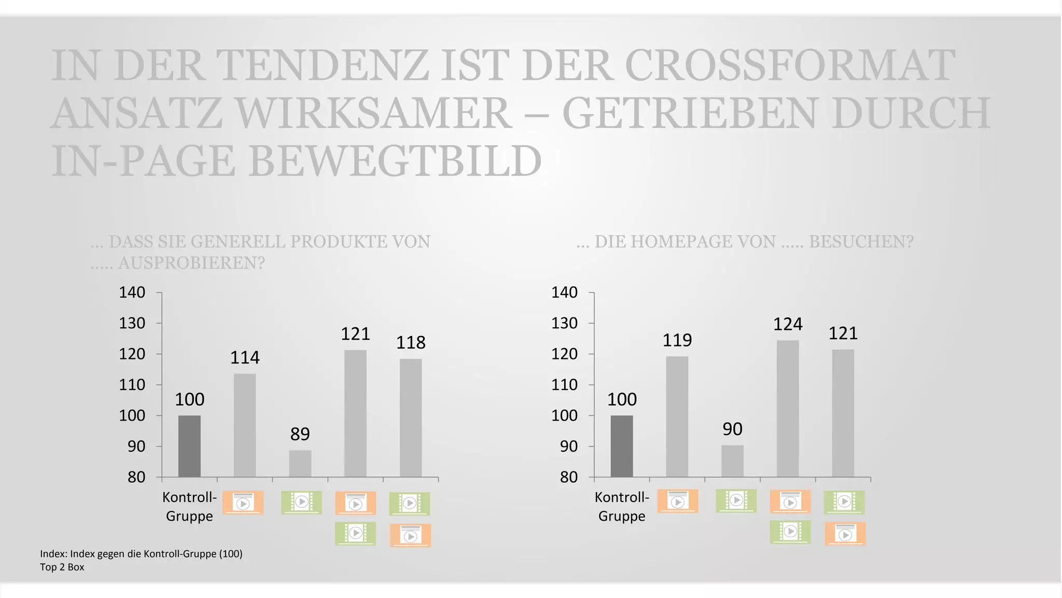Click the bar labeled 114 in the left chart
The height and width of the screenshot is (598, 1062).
(x=245, y=425)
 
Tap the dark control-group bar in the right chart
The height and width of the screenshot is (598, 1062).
(x=622, y=446)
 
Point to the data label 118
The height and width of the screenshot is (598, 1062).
(x=411, y=342)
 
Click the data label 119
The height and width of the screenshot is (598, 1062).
(x=677, y=340)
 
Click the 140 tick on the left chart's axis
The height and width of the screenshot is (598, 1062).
(x=132, y=293)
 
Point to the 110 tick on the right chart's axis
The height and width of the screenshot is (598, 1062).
(x=564, y=385)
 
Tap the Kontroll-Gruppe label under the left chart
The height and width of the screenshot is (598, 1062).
(x=189, y=506)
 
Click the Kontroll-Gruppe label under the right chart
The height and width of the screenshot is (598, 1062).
(x=622, y=506)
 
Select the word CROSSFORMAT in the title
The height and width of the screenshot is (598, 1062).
(x=790, y=66)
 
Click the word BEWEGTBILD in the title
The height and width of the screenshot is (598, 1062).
(x=395, y=161)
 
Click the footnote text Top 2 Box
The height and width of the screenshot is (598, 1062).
(x=62, y=567)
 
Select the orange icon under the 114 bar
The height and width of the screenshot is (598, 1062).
(x=243, y=503)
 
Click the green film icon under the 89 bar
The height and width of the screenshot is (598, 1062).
(x=301, y=502)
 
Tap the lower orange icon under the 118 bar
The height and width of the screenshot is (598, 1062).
(x=410, y=535)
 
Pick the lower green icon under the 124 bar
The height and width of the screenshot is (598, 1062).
(x=790, y=532)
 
